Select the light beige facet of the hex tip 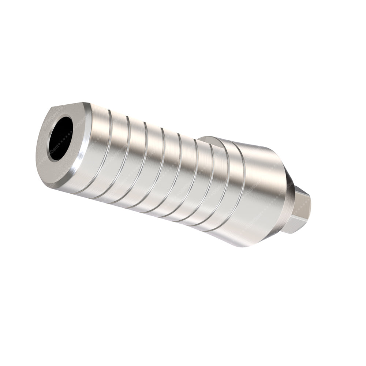pos(303,209)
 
